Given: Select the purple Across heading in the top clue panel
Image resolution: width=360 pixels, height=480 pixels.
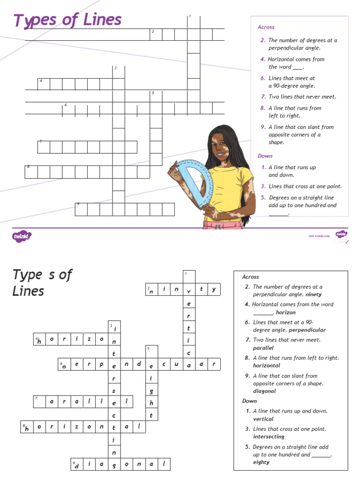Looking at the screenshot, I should tap(266, 27).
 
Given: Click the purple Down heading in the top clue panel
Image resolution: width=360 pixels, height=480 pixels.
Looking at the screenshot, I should tap(265, 156).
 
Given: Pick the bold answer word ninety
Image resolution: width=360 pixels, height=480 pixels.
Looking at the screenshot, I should tap(314, 295).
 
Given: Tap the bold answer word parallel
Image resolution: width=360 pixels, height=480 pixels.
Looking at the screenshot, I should tap(263, 348).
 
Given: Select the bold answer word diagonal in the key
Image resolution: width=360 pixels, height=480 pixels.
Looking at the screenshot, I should tap(264, 391).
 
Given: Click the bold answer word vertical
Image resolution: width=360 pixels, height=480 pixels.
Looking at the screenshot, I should tap(263, 419).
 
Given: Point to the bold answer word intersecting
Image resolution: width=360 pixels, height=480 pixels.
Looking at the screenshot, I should tap(269, 436).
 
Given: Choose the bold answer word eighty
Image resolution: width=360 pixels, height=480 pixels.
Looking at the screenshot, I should tap(261, 462).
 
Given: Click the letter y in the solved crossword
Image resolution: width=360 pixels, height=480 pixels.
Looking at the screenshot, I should tap(214, 290).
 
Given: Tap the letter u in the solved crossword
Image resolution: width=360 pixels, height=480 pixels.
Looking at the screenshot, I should tap(176, 364).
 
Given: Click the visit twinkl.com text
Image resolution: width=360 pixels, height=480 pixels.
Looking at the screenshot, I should tap(319, 236).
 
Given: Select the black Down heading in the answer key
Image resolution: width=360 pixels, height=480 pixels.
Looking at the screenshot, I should tap(249, 401).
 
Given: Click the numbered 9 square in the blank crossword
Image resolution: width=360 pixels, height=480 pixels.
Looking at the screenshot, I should tap(81, 209).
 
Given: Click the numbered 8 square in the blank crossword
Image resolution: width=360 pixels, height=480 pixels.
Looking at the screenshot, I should tap(31, 172).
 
